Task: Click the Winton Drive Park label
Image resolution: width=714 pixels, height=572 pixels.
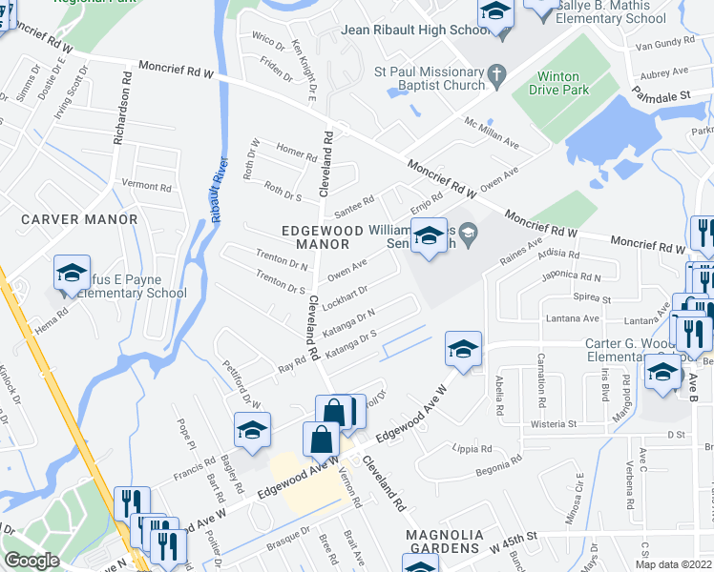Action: pyautogui.click(x=564, y=83)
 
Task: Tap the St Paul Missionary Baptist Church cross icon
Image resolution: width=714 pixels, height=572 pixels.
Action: pyautogui.click(x=495, y=72)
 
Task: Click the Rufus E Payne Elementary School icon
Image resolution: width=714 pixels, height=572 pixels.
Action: pyautogui.click(x=72, y=273)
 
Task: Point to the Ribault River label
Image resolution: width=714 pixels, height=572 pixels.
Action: pyautogui.click(x=217, y=190)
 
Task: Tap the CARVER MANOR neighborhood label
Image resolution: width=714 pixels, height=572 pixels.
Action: pyautogui.click(x=79, y=219)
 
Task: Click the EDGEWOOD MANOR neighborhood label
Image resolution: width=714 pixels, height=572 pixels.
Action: pyautogui.click(x=322, y=237)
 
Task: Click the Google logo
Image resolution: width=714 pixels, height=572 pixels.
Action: pyautogui.click(x=31, y=561)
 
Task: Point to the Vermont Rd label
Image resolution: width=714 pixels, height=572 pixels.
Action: pyautogui.click(x=146, y=185)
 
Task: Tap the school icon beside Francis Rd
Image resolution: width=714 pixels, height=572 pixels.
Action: pyautogui.click(x=253, y=431)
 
